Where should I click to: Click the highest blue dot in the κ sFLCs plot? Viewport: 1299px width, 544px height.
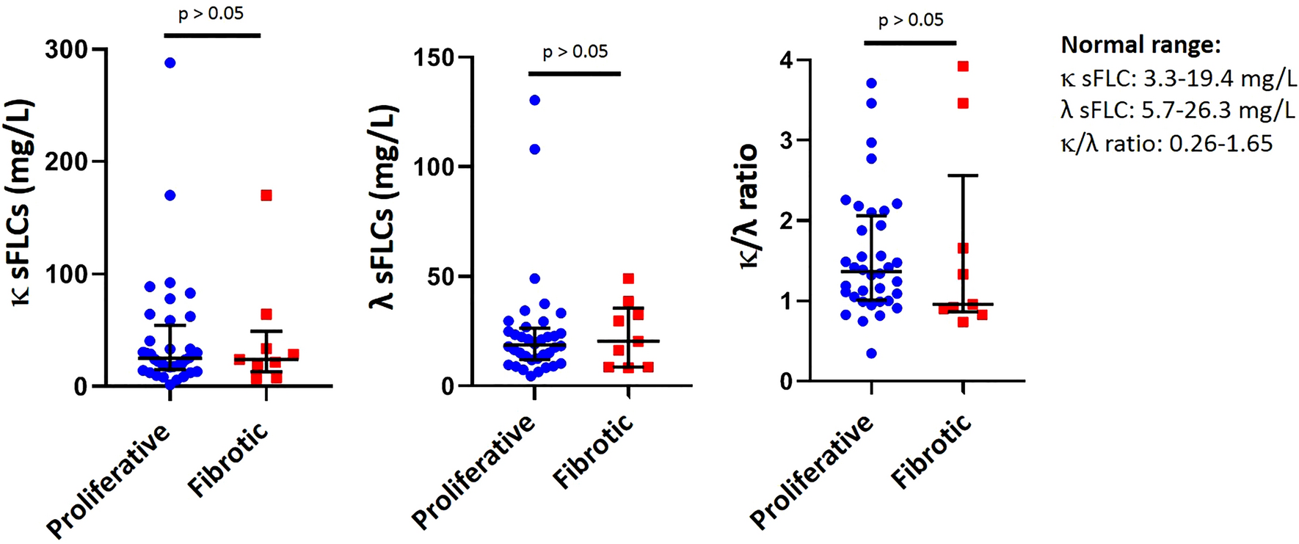(170, 63)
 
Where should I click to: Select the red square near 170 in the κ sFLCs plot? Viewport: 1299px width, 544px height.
(266, 195)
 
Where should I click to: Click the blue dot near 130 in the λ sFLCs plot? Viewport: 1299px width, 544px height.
(535, 100)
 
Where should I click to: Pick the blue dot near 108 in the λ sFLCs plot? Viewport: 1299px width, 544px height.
(535, 149)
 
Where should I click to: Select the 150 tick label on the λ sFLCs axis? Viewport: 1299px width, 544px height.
(435, 57)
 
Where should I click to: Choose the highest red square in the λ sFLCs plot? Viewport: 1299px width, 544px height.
(628, 279)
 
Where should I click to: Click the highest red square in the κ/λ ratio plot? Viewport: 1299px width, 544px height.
(963, 67)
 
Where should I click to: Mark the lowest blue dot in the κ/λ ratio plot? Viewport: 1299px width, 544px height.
(871, 353)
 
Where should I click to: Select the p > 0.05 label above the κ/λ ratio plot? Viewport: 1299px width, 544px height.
(911, 21)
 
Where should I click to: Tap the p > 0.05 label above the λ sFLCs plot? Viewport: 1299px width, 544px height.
(575, 52)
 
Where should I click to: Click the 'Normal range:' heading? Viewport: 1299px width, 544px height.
(1140, 46)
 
